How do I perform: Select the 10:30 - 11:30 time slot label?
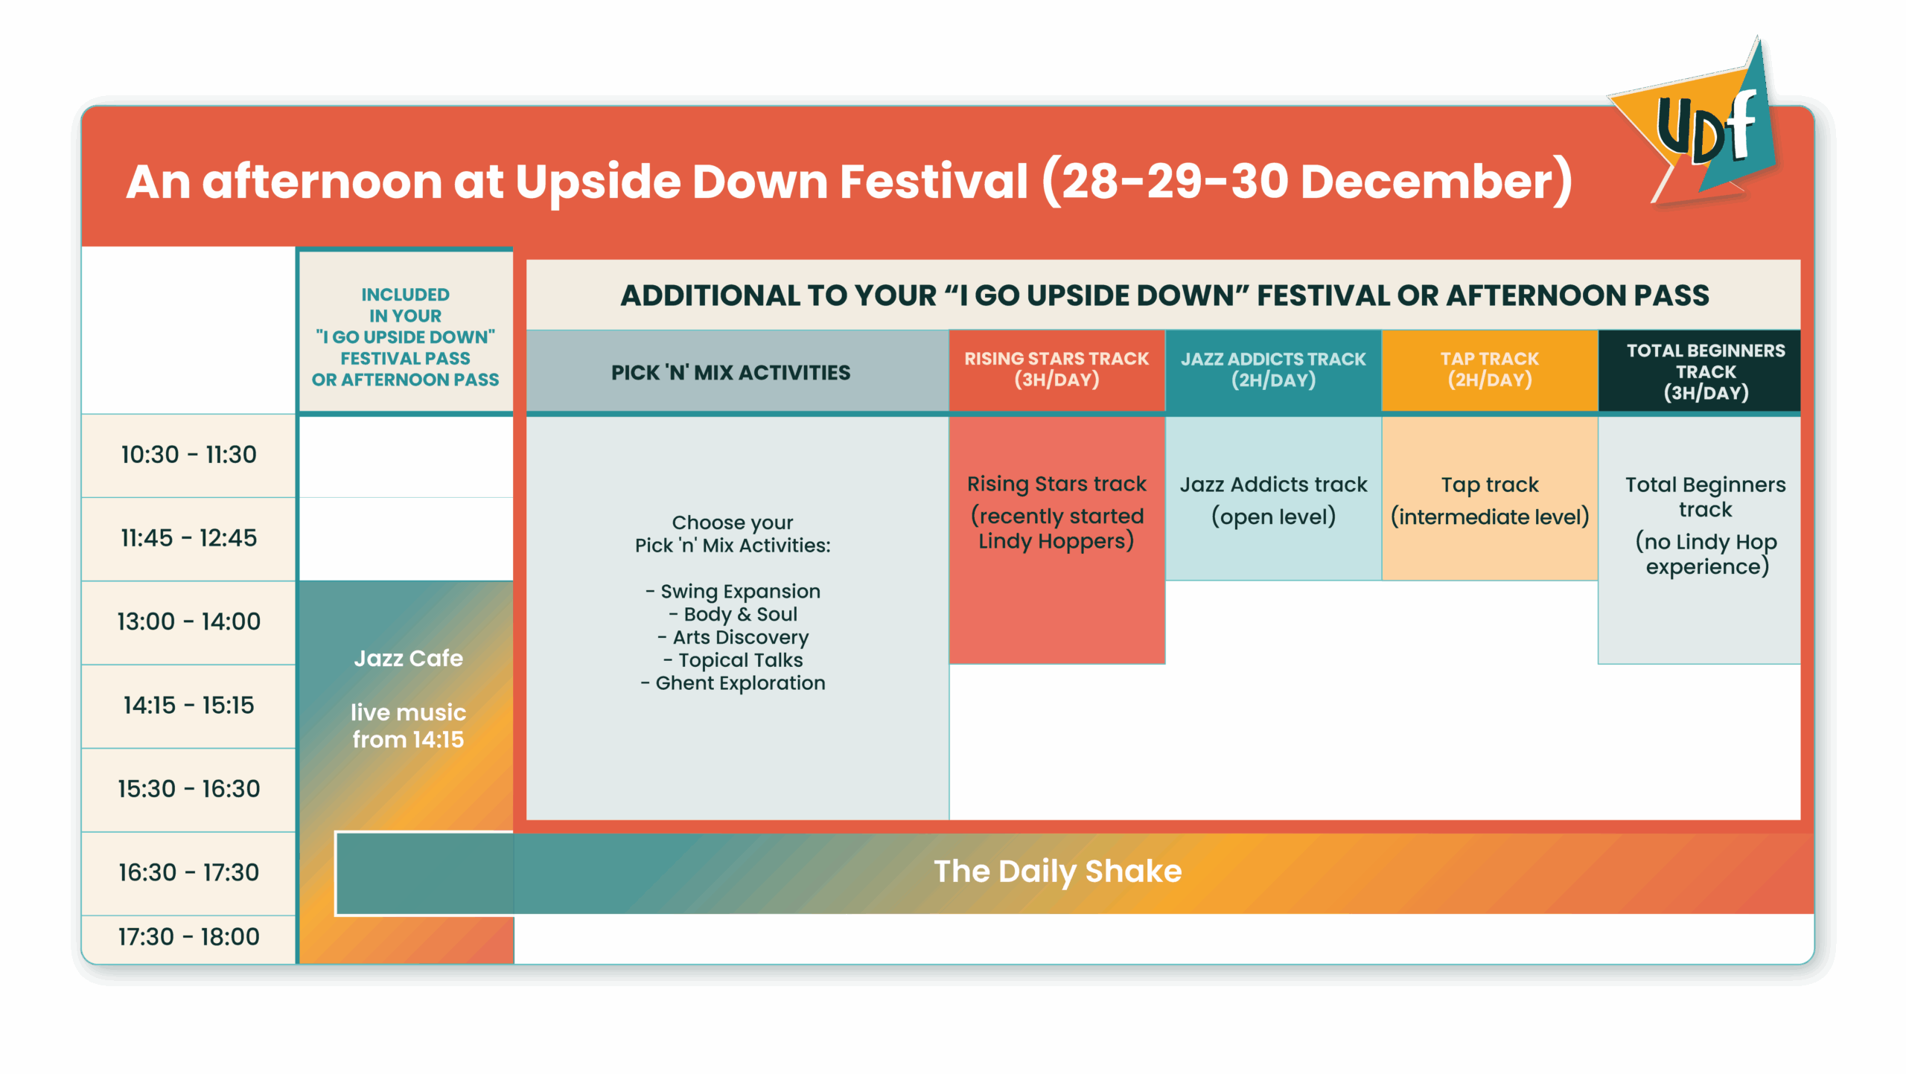click(x=188, y=455)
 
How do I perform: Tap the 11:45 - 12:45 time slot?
click(x=188, y=538)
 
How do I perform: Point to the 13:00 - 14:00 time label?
click(x=188, y=621)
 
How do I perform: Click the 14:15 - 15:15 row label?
click(x=188, y=706)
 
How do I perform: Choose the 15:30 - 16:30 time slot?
click(x=188, y=789)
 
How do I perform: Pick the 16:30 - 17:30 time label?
click(x=188, y=872)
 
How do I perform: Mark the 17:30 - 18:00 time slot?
click(x=188, y=937)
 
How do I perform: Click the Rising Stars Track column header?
click(x=1056, y=369)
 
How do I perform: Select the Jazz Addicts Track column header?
click(x=1273, y=369)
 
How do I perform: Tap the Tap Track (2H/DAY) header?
click(x=1489, y=369)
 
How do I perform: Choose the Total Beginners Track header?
click(x=1706, y=371)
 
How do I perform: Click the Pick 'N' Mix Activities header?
click(x=730, y=373)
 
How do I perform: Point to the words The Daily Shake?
click(x=1057, y=872)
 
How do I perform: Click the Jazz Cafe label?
click(x=408, y=659)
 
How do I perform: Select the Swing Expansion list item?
click(x=733, y=592)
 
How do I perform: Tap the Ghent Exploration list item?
click(x=733, y=683)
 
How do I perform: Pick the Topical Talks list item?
click(x=733, y=660)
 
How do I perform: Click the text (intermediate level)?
click(x=1490, y=517)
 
